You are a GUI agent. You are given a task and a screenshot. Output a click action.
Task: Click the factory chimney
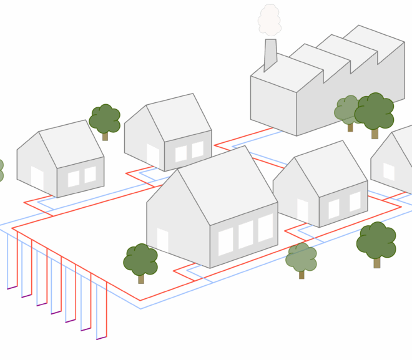pyautogui.click(x=270, y=54)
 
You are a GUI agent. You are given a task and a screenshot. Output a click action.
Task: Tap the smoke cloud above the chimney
pyautogui.click(x=270, y=20)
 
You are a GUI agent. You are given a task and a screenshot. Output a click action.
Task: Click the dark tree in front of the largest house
pyautogui.click(x=140, y=261)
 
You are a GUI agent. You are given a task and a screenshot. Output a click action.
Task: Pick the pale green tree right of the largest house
pyautogui.click(x=302, y=258)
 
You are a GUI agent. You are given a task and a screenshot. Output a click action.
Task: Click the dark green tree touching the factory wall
pyautogui.click(x=375, y=113)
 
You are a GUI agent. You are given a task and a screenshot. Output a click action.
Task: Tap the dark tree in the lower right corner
pyautogui.click(x=376, y=242)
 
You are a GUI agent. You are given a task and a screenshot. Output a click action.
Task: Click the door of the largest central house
pyautogui.click(x=162, y=241)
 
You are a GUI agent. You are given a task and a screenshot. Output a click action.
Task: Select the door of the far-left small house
pyautogui.click(x=37, y=178)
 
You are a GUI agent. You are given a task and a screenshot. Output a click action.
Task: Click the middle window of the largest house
pyautogui.click(x=246, y=234)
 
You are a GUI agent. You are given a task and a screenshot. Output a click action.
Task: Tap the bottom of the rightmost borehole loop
pyautogui.click(x=102, y=338)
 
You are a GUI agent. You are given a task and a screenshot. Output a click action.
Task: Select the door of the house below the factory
pyautogui.click(x=303, y=210)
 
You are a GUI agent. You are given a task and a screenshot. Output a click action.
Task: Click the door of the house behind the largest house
pyautogui.click(x=153, y=156)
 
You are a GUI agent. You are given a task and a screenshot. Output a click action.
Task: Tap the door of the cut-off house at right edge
pyautogui.click(x=389, y=172)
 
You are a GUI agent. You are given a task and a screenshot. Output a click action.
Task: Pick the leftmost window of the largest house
pyautogui.click(x=225, y=241)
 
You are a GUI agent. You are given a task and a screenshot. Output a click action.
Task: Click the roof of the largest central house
pyautogui.click(x=228, y=184)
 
